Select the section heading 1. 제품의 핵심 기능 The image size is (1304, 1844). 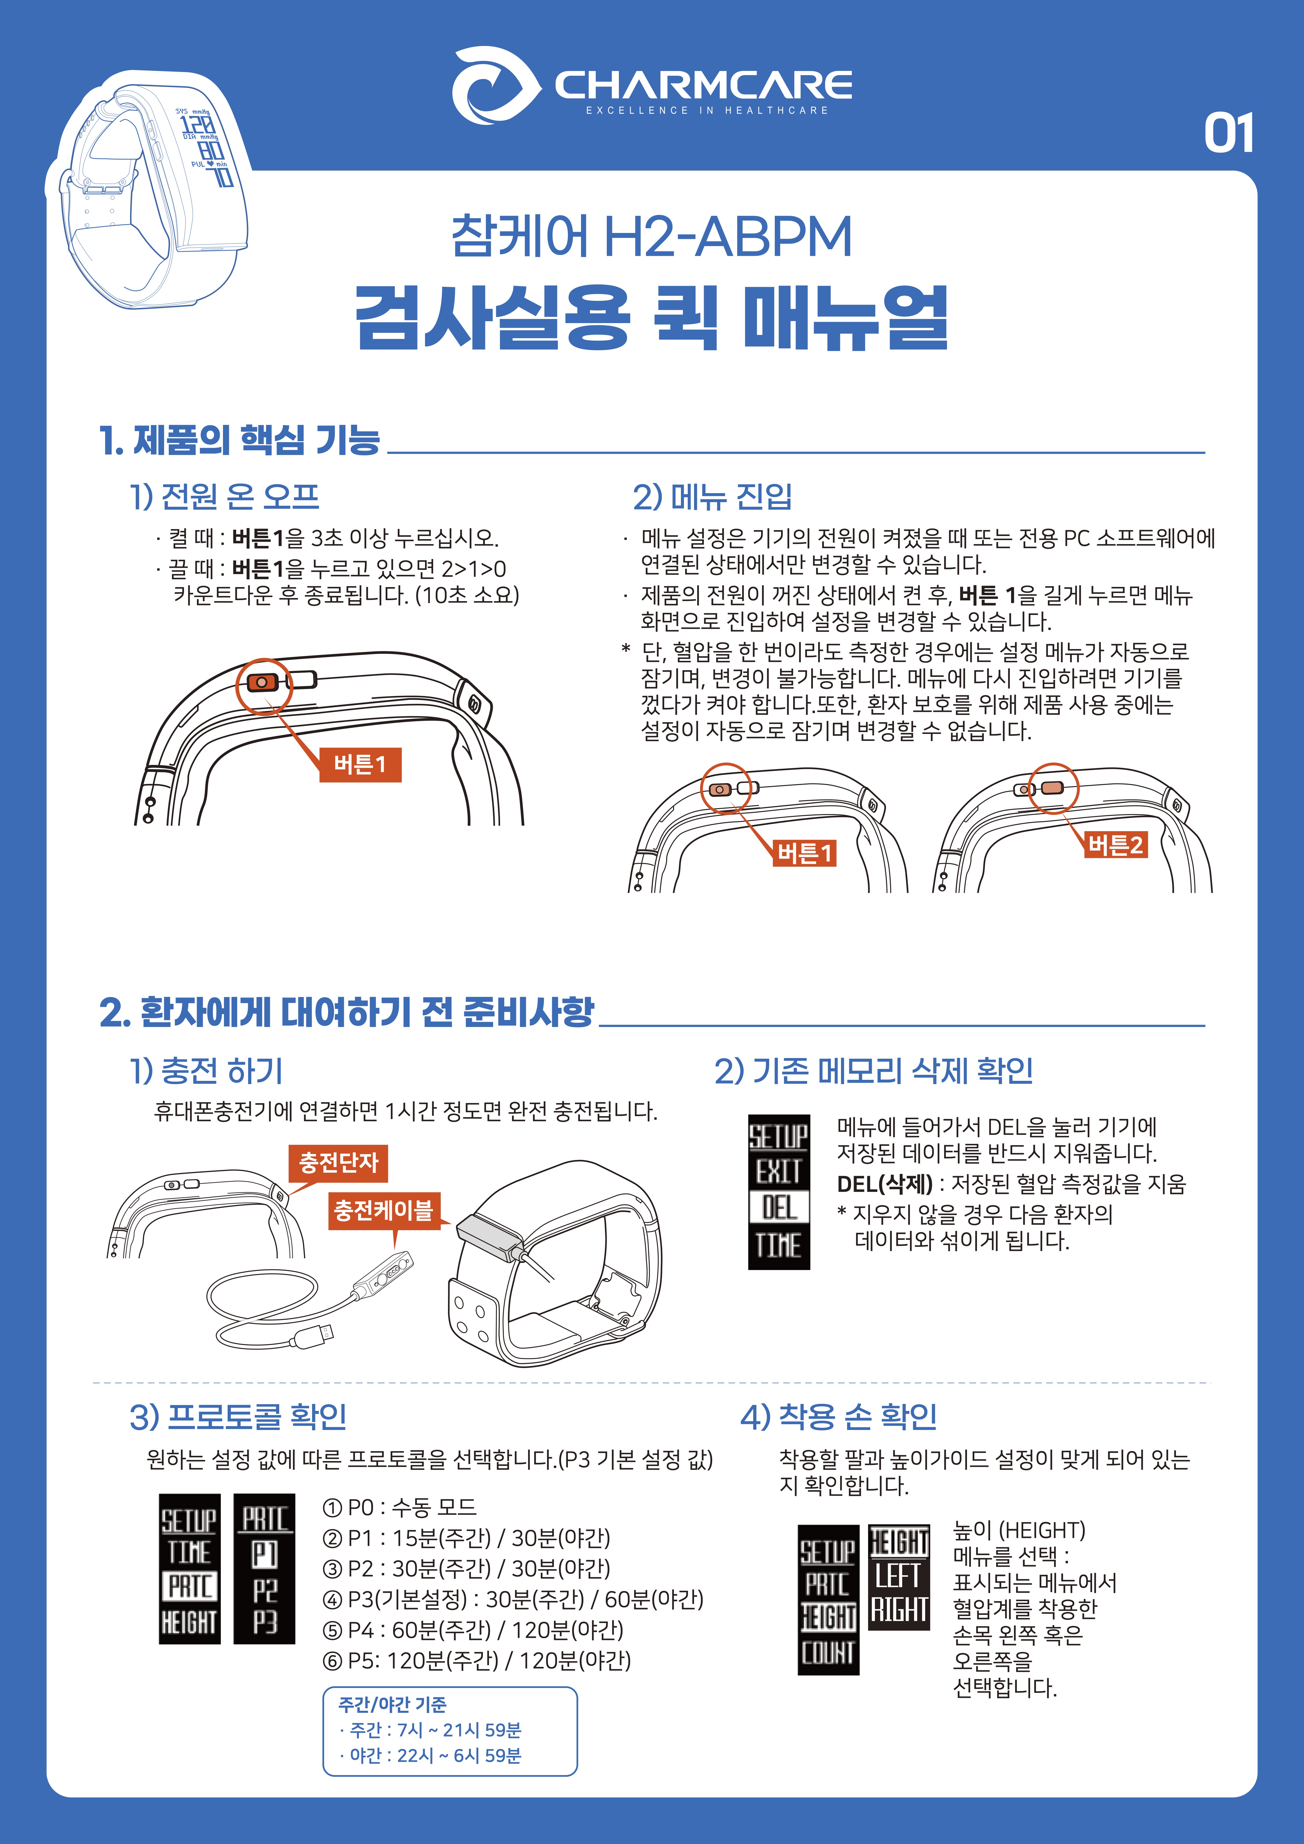click(240, 440)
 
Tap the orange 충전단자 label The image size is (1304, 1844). click(338, 1163)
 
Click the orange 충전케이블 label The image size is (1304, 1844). click(383, 1210)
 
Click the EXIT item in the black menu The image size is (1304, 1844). click(778, 1172)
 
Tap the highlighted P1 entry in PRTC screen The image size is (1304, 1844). click(264, 1554)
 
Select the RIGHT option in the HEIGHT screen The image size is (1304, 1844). click(899, 1610)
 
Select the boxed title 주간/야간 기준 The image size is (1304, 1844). click(392, 1704)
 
